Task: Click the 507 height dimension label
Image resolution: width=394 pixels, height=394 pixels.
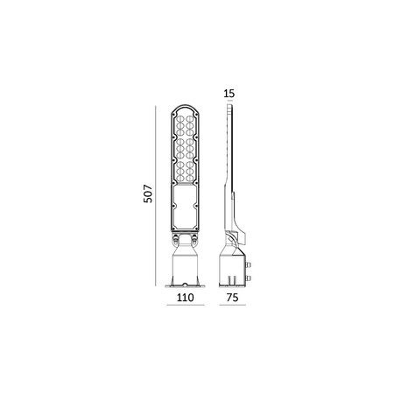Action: [x=148, y=193]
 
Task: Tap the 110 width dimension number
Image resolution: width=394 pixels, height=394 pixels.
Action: [x=184, y=298]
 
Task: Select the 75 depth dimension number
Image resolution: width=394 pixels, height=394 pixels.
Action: [x=232, y=298]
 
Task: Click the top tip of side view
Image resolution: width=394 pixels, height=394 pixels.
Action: [x=229, y=105]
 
